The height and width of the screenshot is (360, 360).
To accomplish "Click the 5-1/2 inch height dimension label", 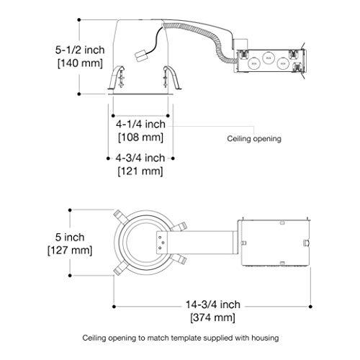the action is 80,50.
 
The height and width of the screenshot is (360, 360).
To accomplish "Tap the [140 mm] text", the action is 80,63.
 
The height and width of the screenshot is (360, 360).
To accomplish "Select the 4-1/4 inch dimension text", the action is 140,124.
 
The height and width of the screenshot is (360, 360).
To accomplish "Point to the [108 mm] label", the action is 140,138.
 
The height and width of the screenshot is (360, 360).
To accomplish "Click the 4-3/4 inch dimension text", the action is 140,158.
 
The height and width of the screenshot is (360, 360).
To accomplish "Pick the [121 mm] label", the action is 140,171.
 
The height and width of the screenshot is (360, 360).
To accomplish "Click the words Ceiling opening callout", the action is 254,139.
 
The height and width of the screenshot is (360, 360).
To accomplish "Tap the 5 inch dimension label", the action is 70,238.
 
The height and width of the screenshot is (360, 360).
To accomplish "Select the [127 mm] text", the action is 70,251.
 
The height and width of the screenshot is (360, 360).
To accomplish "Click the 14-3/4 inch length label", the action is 213,305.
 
